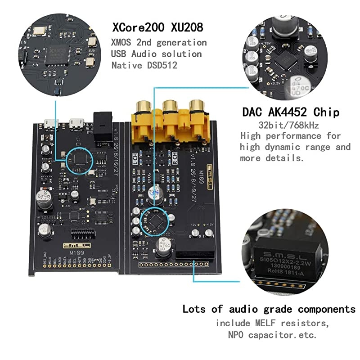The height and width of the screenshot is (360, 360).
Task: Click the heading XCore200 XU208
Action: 157,27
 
